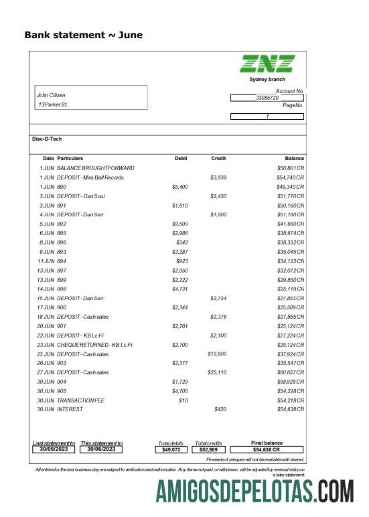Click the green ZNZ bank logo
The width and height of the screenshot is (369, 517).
point(267,64)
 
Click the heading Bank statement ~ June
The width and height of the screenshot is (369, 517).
point(83,35)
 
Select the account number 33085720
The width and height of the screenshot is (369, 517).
point(267,98)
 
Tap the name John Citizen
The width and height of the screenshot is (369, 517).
point(51,95)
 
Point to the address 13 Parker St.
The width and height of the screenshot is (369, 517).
point(53,104)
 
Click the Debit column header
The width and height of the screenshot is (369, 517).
point(181,158)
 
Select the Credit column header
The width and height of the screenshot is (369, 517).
point(218,158)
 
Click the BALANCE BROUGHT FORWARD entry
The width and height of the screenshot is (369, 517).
point(96,167)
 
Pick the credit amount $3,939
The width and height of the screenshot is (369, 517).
point(219,177)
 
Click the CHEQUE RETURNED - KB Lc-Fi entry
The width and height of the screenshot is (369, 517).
point(94,344)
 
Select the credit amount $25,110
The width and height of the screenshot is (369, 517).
point(217,372)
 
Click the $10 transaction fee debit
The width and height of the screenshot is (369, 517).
point(183,400)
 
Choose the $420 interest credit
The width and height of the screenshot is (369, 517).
point(220,409)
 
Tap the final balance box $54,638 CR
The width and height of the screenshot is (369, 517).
point(267,450)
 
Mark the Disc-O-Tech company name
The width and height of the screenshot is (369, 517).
point(47,139)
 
